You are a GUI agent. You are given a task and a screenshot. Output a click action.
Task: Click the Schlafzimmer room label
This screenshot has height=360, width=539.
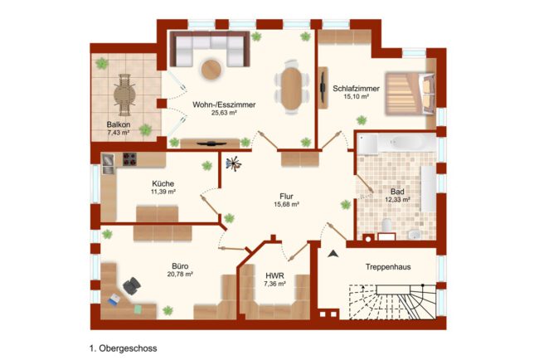(x=356, y=89)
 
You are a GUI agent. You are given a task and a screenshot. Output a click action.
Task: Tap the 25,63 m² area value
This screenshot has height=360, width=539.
(x=224, y=113)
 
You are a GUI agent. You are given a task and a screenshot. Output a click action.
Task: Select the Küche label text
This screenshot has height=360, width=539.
(x=163, y=183)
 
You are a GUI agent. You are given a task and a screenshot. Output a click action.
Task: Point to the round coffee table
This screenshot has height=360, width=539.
(x=211, y=70)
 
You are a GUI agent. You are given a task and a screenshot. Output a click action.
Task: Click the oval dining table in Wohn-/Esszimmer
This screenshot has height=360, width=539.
(x=292, y=89)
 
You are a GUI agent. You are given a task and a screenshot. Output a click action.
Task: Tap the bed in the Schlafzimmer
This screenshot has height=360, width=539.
(x=410, y=93)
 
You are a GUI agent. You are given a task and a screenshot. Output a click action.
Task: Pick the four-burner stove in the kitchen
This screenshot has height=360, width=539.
(x=129, y=159)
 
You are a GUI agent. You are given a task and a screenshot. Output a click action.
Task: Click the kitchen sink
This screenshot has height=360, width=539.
(x=109, y=164)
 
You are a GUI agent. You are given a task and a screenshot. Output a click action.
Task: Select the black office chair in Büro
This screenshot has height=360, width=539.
(x=132, y=285)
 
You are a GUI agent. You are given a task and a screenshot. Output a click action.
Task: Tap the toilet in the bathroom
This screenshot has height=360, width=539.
(x=386, y=226)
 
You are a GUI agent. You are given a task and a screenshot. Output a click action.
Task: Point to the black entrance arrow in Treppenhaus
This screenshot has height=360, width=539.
(x=333, y=254)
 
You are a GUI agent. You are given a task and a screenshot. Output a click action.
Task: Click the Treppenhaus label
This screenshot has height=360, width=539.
(x=388, y=267)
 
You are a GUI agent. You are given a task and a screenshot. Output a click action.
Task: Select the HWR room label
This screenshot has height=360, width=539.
(x=274, y=275)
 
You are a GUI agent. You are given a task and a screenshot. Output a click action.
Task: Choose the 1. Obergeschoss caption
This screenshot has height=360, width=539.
(x=123, y=348)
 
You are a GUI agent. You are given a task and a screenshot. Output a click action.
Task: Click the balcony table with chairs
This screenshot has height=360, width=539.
(x=124, y=95)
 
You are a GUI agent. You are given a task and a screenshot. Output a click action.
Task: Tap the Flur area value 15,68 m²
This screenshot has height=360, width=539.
(x=286, y=204)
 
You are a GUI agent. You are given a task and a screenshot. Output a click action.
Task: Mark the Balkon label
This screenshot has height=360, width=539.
(x=119, y=124)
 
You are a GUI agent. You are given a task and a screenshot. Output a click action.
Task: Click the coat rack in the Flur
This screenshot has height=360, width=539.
(x=234, y=164)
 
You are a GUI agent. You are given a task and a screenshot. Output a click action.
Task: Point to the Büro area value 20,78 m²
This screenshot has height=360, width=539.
(x=180, y=275)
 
